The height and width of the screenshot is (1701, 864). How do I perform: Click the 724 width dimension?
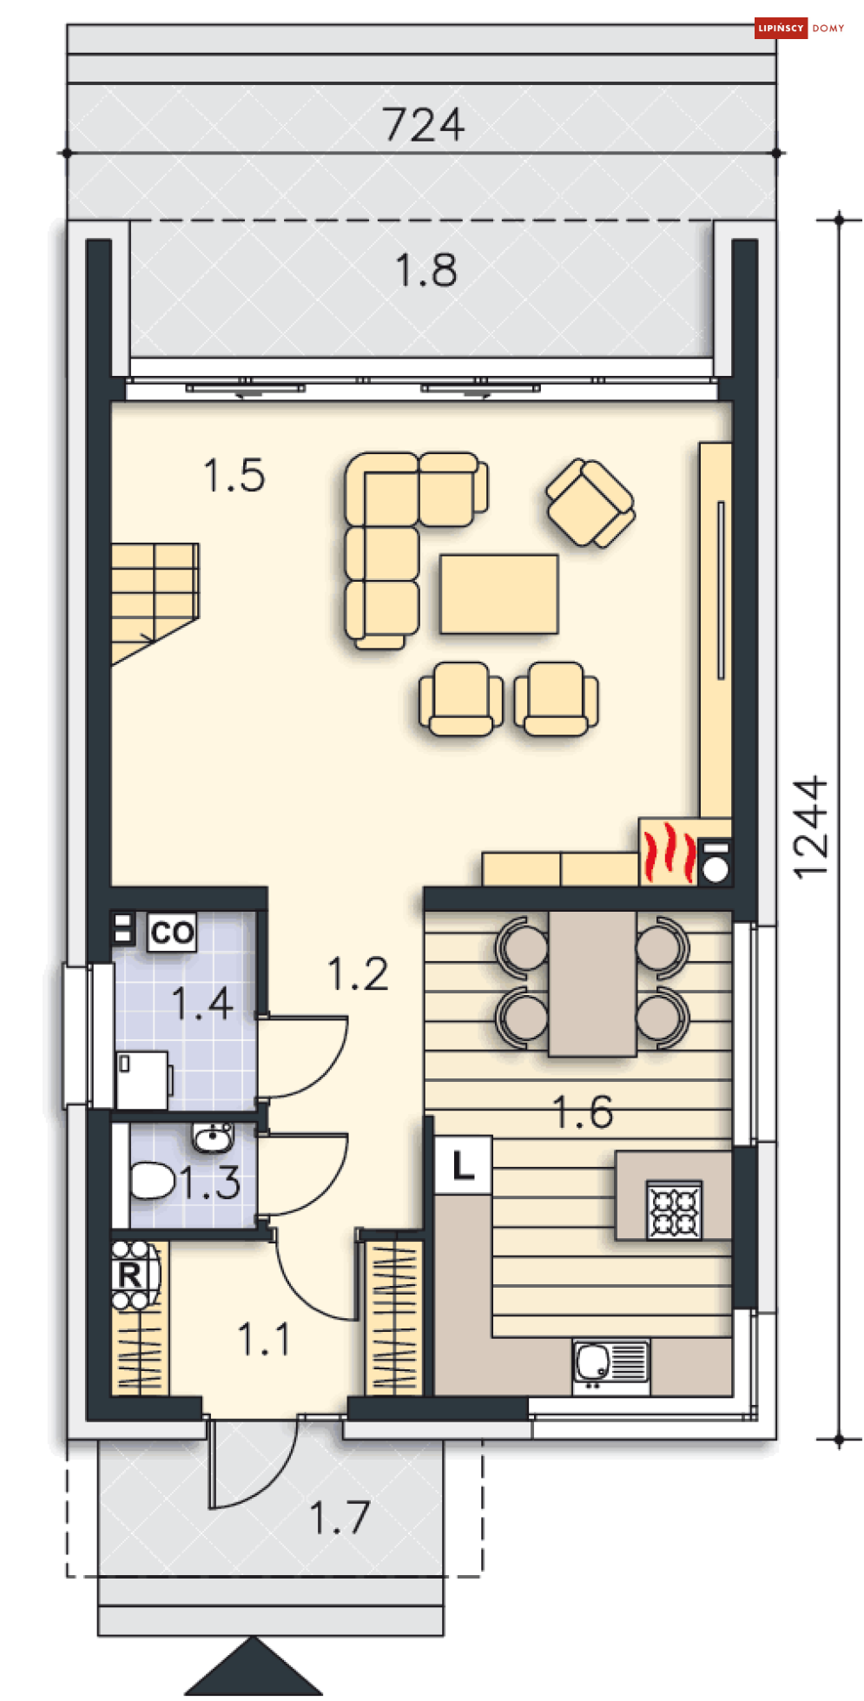[424, 125]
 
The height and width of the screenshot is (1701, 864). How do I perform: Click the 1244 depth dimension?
[810, 827]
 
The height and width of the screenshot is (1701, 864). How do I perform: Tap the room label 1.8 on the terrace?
[425, 270]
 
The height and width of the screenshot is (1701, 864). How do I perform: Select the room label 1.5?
[234, 476]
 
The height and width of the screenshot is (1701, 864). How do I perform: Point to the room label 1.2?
[358, 974]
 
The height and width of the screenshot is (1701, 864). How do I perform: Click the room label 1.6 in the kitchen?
[583, 1112]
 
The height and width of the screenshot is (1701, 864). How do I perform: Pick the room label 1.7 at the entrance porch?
[340, 1518]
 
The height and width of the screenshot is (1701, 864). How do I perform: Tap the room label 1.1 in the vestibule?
[264, 1339]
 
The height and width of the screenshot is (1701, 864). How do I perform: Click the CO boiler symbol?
[172, 933]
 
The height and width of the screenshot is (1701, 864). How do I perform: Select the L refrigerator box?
[464, 1165]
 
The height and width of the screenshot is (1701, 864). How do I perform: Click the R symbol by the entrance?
[129, 1276]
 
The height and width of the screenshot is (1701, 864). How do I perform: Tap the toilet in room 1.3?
[152, 1181]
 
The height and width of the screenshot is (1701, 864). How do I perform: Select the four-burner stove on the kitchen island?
[675, 1210]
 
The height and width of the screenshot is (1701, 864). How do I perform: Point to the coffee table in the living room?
[498, 594]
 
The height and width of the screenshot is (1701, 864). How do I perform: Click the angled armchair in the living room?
[590, 503]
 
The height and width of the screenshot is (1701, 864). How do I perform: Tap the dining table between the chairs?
[592, 983]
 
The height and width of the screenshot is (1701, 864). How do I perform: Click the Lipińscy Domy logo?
[800, 28]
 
